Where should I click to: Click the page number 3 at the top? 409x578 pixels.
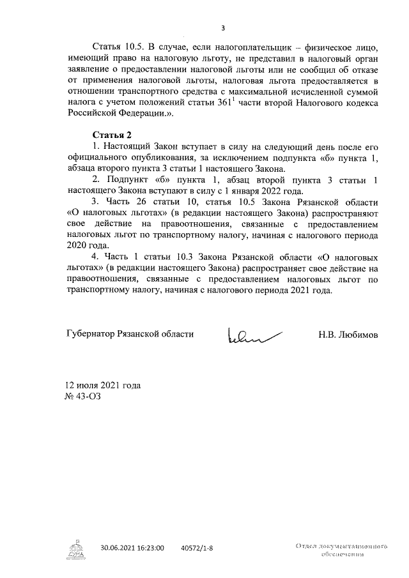pyautogui.click(x=222, y=27)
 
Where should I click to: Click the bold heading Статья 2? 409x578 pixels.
pyautogui.click(x=112, y=135)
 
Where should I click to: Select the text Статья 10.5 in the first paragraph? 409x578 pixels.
pyautogui.click(x=119, y=48)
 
